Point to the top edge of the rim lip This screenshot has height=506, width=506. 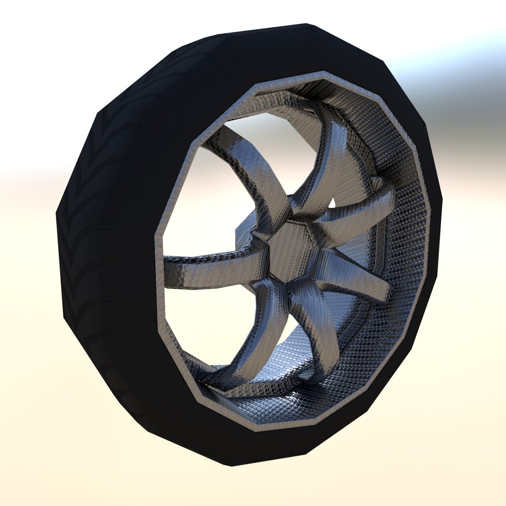[x=323, y=74]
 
